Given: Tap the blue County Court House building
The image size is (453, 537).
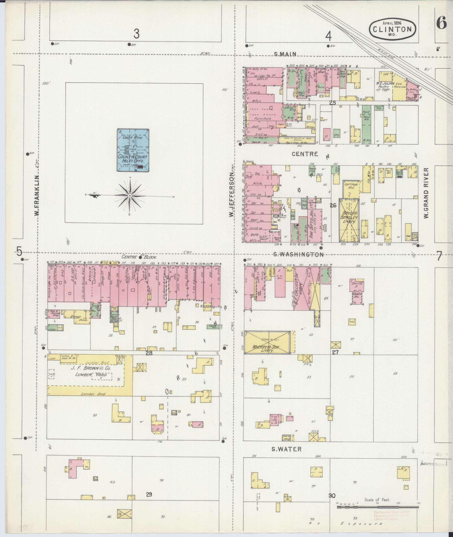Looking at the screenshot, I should [x=133, y=150].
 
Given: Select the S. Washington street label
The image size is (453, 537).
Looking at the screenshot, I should [x=299, y=254].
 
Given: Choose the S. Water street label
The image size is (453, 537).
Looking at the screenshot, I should [x=286, y=449].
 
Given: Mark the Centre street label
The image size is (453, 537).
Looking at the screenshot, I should [x=305, y=154].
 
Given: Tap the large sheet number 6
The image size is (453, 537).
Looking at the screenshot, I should [x=441, y=23].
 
